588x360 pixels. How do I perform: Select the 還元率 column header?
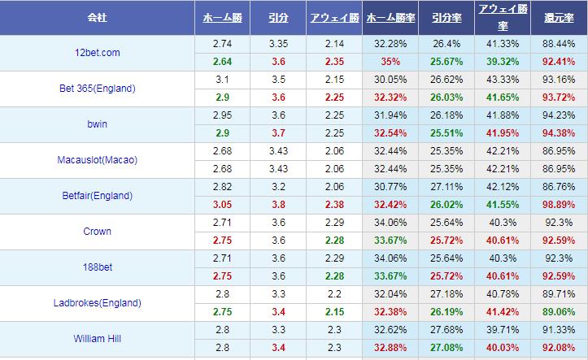click(559, 17)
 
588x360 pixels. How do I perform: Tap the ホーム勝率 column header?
click(390, 17)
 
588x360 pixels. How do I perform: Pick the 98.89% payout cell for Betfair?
click(559, 204)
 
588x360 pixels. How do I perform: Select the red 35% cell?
click(390, 61)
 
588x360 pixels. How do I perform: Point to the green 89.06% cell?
click(559, 311)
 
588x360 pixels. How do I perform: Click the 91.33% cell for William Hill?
click(559, 328)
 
